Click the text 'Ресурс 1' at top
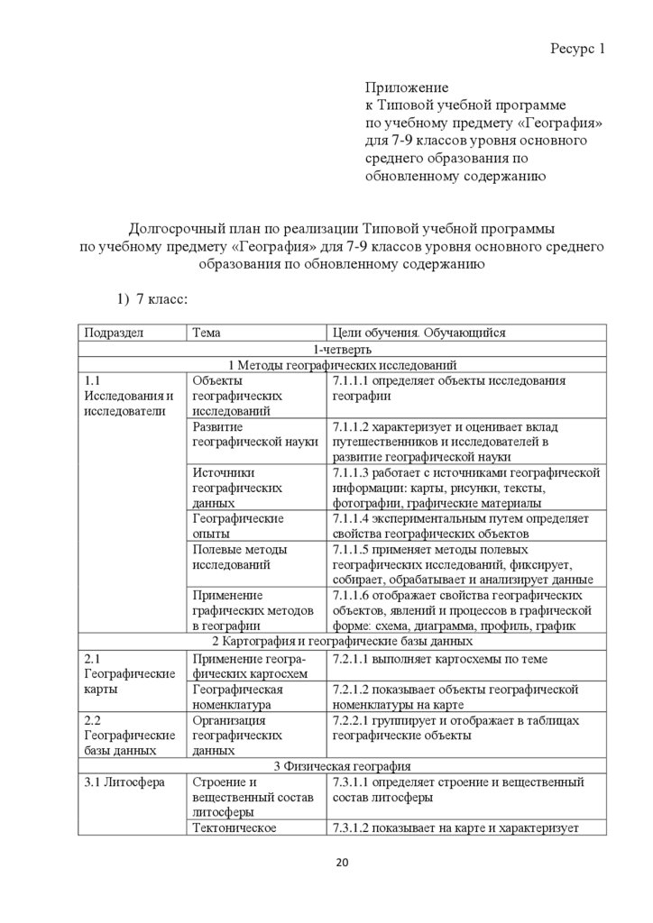click(x=577, y=49)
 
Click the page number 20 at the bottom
click(x=342, y=863)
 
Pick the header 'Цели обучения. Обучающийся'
click(x=419, y=333)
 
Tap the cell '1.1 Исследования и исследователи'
click(x=128, y=397)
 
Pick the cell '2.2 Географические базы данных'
click(x=128, y=735)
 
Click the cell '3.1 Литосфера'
click(x=124, y=782)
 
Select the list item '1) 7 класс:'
click(x=149, y=298)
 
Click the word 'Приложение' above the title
click(x=407, y=87)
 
